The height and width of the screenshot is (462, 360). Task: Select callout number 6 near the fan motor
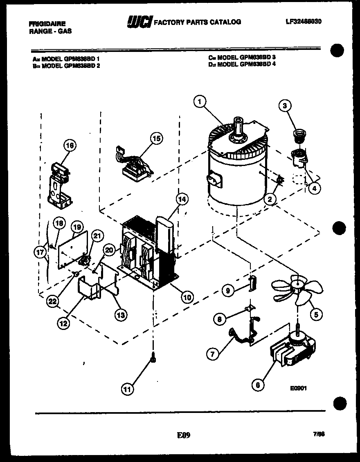pos(257,384)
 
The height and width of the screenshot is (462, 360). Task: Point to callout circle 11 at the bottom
pos(128,389)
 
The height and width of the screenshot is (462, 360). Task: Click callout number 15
pos(155,139)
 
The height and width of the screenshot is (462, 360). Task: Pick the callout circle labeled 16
pos(70,145)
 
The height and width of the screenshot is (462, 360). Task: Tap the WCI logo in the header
pos(140,22)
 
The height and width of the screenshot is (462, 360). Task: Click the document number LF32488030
pos(304,21)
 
